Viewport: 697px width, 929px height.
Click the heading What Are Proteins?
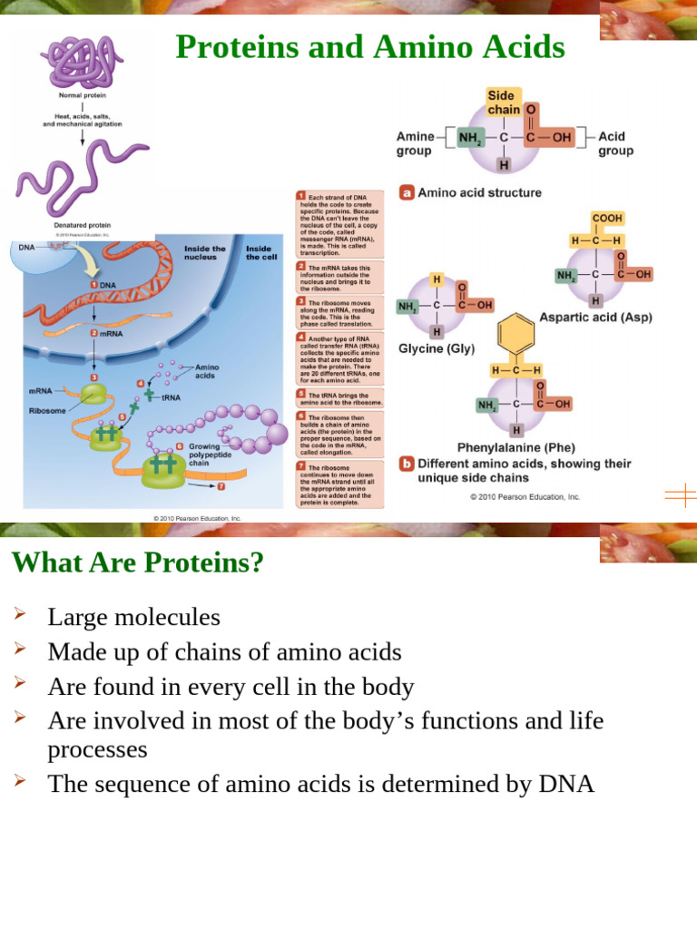pos(137,563)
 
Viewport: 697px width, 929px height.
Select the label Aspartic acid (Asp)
pos(595,318)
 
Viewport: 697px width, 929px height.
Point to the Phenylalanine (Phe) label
pos(515,447)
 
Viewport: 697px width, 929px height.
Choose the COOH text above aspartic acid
pos(607,219)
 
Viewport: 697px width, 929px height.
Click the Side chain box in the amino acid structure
pos(505,103)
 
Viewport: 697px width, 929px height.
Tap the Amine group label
pos(415,143)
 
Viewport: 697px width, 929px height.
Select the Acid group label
pos(615,143)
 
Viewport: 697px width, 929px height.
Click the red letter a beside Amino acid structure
pos(407,192)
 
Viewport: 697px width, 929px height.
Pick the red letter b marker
pos(407,464)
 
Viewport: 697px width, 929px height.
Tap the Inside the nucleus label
pos(205,252)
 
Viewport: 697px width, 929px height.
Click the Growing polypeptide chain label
pos(210,454)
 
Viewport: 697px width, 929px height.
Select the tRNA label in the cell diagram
pos(171,397)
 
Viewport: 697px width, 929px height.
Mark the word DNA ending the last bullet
pos(565,784)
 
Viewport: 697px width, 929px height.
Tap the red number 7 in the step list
pos(301,467)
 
